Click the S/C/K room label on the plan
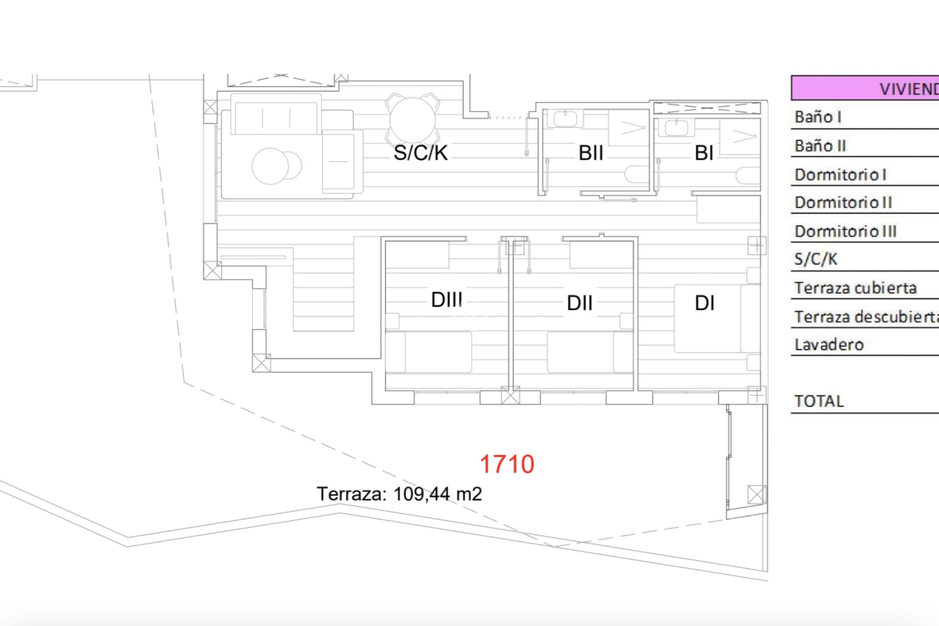coord(421,153)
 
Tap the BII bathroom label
coord(591,153)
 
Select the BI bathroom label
coord(704,153)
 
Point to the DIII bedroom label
coord(447,300)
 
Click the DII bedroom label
coord(580,303)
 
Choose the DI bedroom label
coord(704,303)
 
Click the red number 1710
coord(507,464)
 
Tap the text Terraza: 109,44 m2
coord(399,494)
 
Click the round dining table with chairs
coord(412,119)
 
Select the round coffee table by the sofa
coord(270,166)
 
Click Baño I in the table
coord(818,117)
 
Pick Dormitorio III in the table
coord(845,231)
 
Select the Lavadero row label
coord(829,345)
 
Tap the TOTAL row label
coord(819,402)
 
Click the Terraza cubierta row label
coord(855,288)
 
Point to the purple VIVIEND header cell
coord(865,89)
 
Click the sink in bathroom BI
coord(676,128)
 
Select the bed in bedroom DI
coord(716,318)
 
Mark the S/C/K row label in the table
coord(816,259)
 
